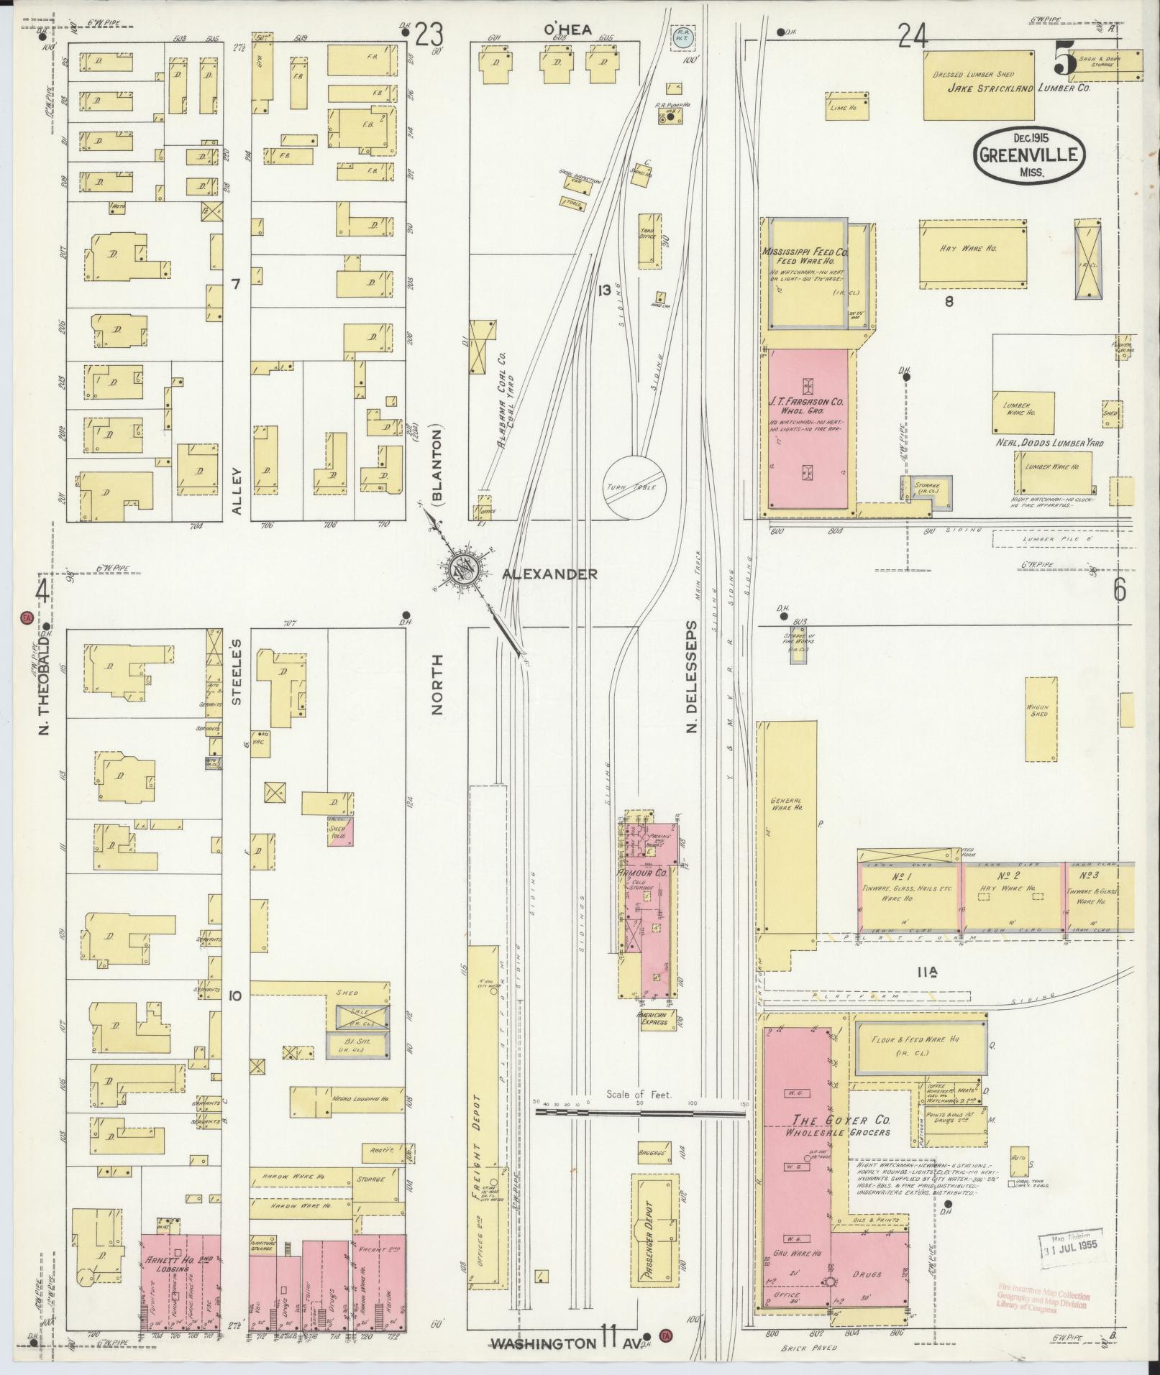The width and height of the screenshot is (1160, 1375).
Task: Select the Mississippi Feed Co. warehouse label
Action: tap(805, 257)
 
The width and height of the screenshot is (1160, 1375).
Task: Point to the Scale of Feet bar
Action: tap(640, 1132)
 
